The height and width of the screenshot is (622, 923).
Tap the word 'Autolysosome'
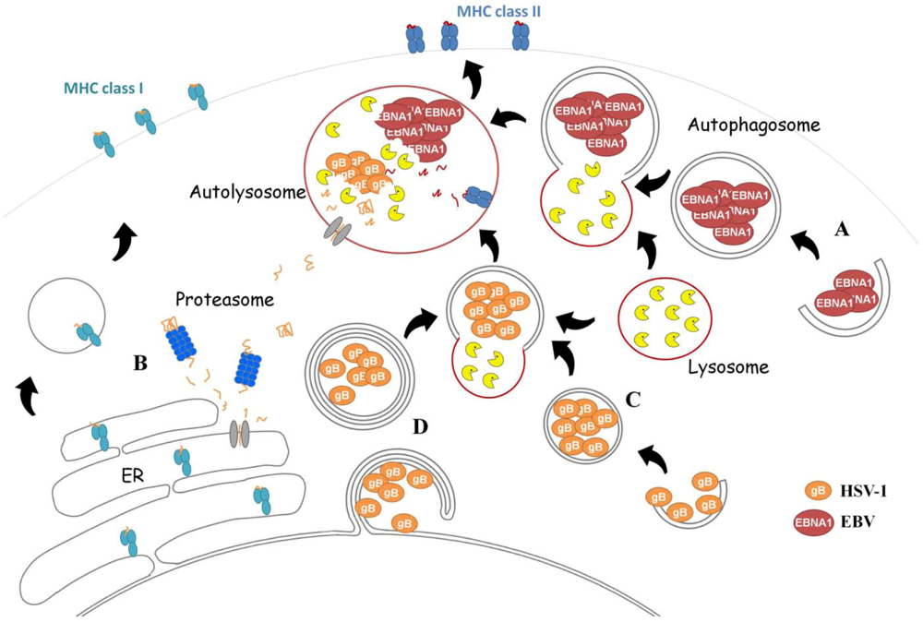[x=242, y=194]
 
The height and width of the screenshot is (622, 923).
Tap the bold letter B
[x=139, y=363]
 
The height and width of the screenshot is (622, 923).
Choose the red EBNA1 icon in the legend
[x=812, y=522]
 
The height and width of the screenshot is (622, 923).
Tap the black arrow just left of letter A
[x=806, y=245]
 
